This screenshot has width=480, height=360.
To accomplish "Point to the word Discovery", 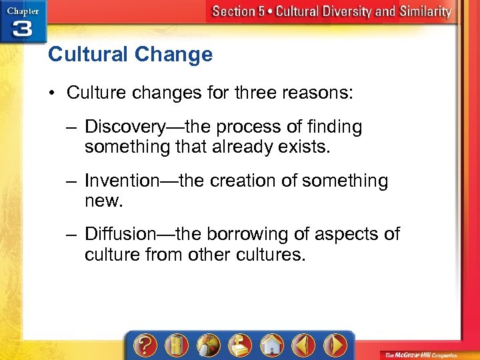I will click(x=126, y=127).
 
